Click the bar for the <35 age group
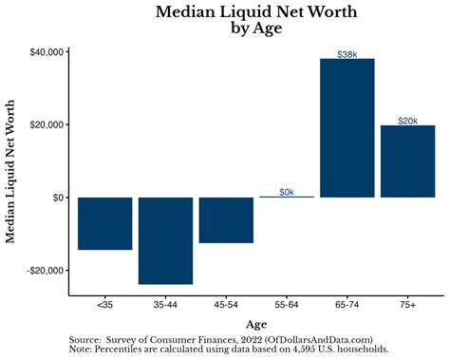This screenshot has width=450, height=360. pos(104,223)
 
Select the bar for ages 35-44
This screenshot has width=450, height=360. pos(165,240)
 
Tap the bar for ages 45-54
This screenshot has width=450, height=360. pos(226,219)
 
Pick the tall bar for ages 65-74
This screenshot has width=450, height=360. pos(347,128)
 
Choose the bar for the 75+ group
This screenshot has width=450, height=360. pos(407,161)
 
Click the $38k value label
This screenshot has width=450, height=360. pos(347,54)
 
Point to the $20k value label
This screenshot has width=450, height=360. pos(407,121)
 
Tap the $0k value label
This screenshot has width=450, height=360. pos(287,192)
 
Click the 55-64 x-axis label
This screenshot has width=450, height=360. pos(287,306)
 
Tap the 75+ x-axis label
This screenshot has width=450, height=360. pos(407,306)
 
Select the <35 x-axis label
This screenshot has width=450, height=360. pos(104,306)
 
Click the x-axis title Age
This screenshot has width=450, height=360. pos(256,324)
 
